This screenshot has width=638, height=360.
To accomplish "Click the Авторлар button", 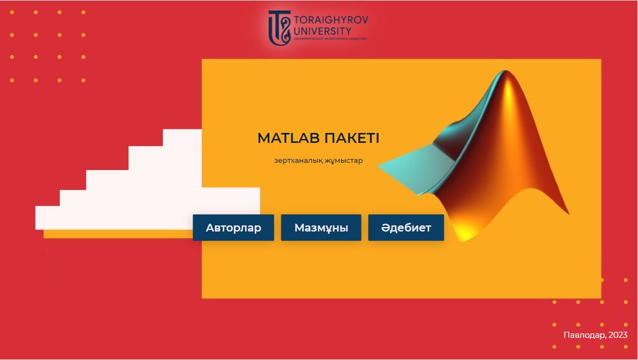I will pos(233,228).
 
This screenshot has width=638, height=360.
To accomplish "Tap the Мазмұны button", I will pos(321,228).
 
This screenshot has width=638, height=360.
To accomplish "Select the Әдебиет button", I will pos(406,228).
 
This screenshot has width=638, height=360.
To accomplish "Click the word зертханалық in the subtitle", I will pos(299,161).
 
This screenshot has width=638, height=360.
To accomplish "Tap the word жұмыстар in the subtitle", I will pos(344,161).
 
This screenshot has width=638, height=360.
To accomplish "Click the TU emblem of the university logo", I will pos(279,28).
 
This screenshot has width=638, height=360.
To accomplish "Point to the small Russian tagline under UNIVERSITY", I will pos(330,38).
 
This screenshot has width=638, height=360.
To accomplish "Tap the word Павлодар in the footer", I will pos(583,335).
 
